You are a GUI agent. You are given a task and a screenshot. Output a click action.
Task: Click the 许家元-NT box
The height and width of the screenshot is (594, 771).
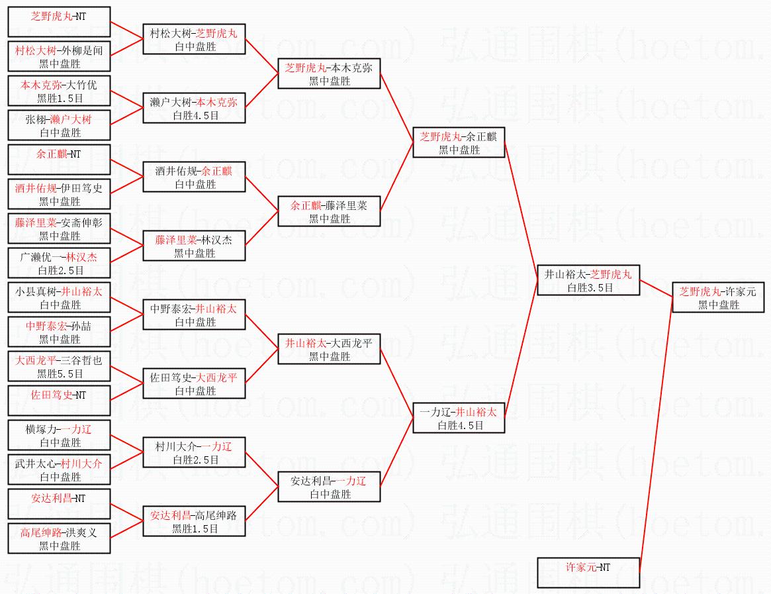(588, 572)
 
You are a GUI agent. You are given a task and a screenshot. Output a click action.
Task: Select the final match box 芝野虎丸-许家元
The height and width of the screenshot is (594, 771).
(719, 297)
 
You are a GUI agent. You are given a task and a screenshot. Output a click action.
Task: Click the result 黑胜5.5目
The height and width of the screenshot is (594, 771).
(60, 374)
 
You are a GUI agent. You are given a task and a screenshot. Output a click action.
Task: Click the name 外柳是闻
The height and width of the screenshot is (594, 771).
(82, 51)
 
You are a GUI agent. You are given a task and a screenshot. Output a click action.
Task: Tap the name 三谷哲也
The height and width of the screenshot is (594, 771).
(82, 361)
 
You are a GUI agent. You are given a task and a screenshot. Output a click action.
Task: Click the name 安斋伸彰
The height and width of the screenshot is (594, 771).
(82, 223)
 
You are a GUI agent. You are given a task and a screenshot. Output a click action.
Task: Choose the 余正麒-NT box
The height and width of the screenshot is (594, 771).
(59, 160)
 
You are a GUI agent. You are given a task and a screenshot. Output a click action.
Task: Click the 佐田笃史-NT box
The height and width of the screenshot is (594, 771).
(59, 401)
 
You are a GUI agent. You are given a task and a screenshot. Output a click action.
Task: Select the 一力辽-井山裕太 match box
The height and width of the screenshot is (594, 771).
(459, 419)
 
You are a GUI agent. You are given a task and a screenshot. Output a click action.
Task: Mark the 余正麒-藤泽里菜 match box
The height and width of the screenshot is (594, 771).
(329, 212)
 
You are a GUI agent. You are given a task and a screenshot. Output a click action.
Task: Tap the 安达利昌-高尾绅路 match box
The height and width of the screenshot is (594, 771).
(194, 521)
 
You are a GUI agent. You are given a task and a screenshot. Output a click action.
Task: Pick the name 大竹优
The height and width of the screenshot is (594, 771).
(82, 85)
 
